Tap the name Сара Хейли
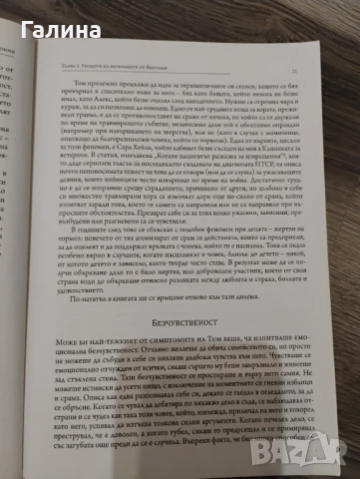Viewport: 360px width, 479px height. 188,137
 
